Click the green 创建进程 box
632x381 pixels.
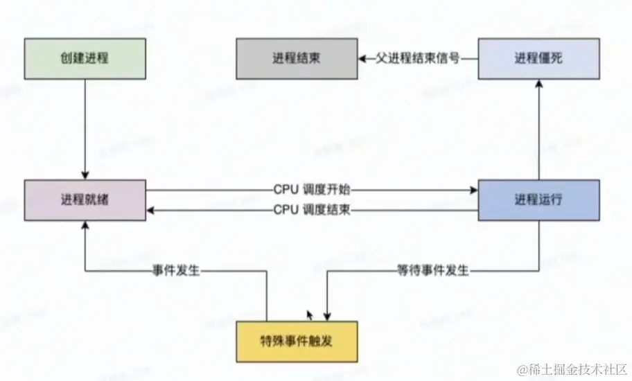pos(85,58)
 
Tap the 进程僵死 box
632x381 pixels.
pos(538,58)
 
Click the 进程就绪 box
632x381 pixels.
pos(85,200)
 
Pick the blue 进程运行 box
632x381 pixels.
pos(538,200)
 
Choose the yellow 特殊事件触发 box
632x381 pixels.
pos(298,342)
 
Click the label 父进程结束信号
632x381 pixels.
pos(419,59)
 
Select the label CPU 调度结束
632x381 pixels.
pos(312,209)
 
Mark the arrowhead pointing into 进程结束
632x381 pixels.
pos(362,59)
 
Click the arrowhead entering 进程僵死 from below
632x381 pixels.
pos(538,83)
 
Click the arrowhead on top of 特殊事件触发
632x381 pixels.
pos(327,317)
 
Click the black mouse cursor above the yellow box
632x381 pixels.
pos(310,314)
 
